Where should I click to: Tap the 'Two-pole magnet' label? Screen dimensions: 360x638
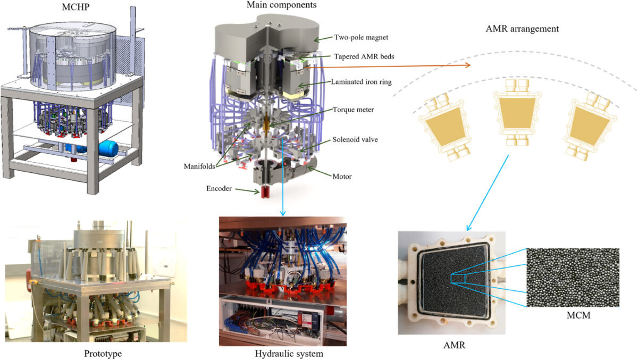coord(361,38)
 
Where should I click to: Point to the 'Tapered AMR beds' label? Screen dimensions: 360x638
coord(364,56)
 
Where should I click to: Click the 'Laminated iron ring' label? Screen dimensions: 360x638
coord(367,83)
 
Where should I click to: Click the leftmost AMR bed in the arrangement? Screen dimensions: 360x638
coord(443,128)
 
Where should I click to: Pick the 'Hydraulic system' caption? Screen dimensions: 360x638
coord(282,353)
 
